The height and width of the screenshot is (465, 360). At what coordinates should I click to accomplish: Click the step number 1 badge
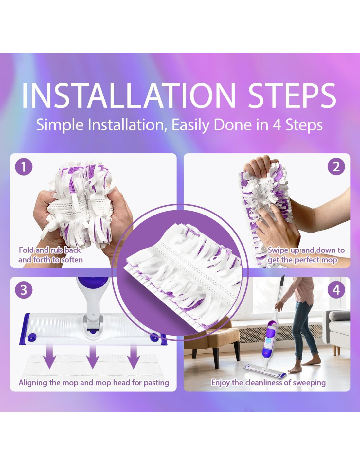click(24, 166)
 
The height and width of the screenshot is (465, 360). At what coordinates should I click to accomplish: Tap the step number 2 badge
click(336, 166)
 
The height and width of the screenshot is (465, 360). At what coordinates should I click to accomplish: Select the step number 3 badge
click(24, 290)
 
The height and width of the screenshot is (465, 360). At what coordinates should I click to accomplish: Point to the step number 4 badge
click(336, 290)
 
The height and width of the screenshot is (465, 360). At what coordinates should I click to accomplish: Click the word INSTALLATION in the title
click(129, 95)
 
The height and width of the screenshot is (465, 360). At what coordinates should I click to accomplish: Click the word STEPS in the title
click(292, 95)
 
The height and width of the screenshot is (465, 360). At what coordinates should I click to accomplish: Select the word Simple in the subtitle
click(60, 125)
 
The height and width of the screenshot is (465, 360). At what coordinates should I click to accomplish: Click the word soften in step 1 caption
click(72, 260)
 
